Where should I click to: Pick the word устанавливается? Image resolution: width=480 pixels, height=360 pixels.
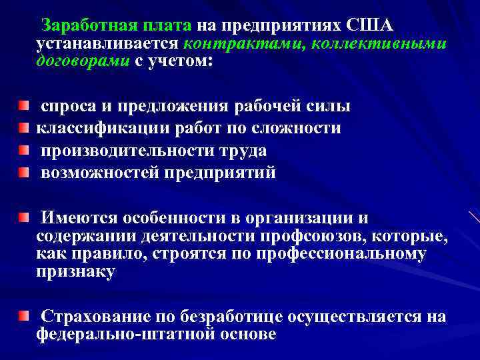tap(107, 44)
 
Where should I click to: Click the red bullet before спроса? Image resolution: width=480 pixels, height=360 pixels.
tap(24, 105)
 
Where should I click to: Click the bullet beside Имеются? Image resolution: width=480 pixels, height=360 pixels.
tap(24, 218)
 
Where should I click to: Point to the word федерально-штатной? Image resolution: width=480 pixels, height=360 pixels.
tap(125, 335)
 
